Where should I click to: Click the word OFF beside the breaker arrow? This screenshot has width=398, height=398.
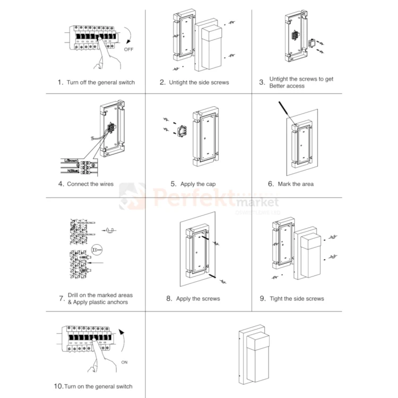(128, 49)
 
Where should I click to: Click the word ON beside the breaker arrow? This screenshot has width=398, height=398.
(125, 362)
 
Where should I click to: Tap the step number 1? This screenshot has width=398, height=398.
(60, 82)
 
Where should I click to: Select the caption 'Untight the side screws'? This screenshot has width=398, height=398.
(198, 82)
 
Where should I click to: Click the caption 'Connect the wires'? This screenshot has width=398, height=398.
(90, 184)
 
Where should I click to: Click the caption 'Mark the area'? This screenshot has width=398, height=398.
(296, 184)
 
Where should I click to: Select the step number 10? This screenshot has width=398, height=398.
(58, 386)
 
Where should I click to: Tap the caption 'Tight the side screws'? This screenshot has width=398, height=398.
(297, 299)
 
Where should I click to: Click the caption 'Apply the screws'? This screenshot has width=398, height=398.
(198, 299)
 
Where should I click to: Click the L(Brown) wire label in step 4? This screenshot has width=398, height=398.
(70, 160)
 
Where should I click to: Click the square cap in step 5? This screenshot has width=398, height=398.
(183, 129)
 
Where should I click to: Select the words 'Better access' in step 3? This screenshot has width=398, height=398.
(287, 86)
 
